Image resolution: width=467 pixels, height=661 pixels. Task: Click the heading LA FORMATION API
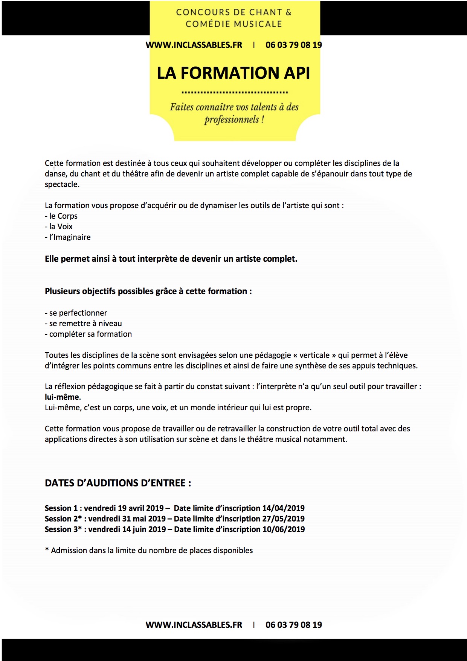click(233, 73)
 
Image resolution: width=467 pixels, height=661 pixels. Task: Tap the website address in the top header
click(194, 45)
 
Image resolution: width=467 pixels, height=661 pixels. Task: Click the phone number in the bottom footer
click(293, 625)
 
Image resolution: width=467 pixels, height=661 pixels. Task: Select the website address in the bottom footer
click(194, 625)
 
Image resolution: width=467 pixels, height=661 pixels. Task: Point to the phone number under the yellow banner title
click(293, 45)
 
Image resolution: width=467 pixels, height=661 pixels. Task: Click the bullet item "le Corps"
click(63, 216)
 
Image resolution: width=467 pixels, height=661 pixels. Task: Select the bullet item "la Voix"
click(61, 227)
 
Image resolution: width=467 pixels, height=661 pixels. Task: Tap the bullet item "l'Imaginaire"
click(70, 237)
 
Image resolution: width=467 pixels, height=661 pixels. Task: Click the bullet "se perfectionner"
click(78, 313)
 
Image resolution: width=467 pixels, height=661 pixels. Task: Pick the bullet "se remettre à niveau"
click(85, 324)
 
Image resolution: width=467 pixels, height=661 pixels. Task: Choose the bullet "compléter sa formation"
click(90, 334)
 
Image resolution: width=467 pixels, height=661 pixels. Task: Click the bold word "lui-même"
click(62, 397)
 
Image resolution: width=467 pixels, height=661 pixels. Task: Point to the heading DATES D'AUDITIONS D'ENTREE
click(118, 483)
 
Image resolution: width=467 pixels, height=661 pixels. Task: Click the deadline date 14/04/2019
click(283, 508)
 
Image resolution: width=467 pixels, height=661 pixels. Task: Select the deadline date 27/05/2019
click(283, 519)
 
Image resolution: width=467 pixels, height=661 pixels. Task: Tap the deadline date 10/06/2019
click(283, 529)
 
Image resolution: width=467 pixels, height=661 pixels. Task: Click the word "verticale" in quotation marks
click(314, 355)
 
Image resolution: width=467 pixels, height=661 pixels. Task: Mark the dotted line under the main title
click(234, 92)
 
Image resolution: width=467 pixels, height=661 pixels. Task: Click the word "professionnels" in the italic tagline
click(232, 120)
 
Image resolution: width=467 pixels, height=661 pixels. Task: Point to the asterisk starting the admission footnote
click(47, 550)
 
